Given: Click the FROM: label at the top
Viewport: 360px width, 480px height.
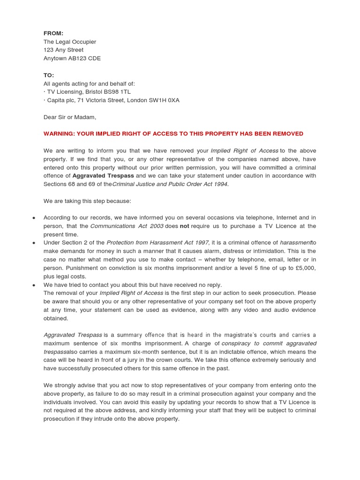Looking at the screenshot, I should (x=53, y=33).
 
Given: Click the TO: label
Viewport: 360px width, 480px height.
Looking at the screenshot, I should (x=49, y=75).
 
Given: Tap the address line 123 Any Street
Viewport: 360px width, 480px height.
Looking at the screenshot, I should (x=63, y=50).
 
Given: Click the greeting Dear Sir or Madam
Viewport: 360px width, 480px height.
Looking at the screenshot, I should (x=69, y=117).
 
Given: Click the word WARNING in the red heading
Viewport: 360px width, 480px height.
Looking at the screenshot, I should (x=60, y=134).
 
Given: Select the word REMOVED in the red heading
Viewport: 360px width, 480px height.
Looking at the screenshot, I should (x=288, y=134).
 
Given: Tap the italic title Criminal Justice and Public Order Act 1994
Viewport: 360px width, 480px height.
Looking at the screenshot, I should (x=170, y=184).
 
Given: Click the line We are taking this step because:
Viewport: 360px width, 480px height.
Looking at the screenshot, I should (x=88, y=201).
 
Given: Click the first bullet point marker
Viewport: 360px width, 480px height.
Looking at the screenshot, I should (x=34, y=218).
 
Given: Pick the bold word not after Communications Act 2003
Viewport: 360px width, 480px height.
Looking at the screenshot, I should (x=184, y=226).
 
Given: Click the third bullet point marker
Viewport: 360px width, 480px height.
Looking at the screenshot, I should (x=34, y=285).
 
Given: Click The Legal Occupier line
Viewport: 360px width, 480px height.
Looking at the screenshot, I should (x=70, y=42).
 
